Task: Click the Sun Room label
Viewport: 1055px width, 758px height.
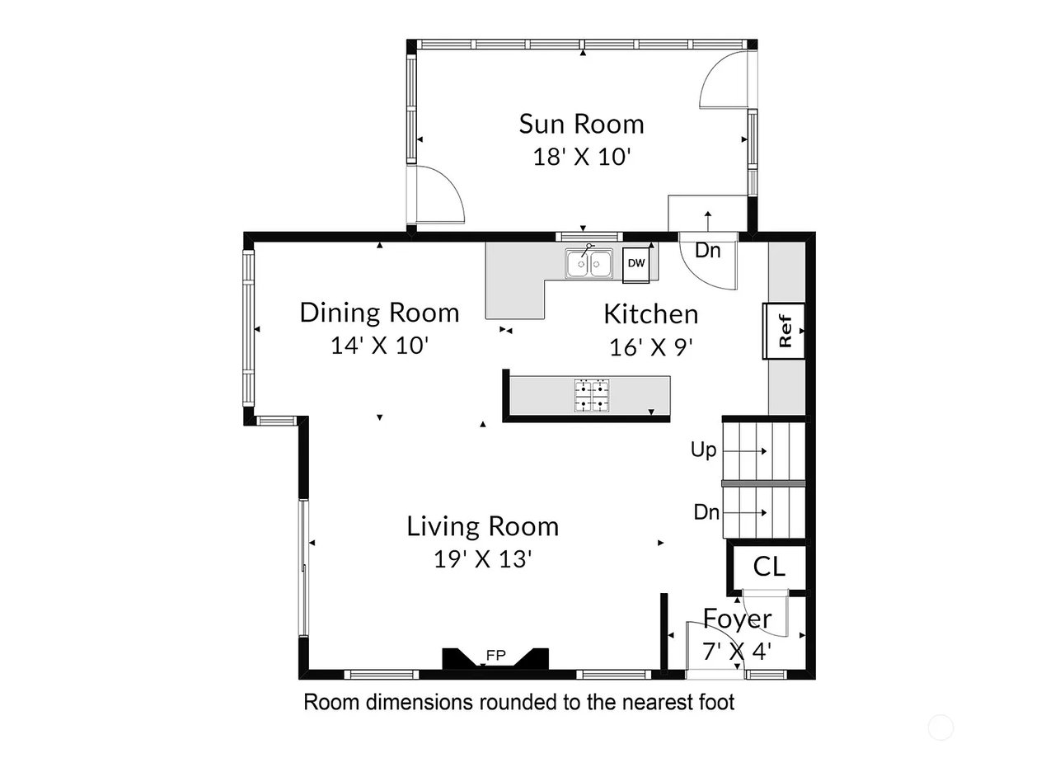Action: [582, 124]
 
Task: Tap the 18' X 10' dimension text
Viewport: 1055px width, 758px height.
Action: [582, 157]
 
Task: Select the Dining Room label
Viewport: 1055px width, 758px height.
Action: [380, 313]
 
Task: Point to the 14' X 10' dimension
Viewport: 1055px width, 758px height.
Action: [380, 346]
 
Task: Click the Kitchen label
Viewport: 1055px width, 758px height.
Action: [651, 314]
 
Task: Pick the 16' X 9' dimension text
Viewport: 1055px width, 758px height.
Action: [651, 347]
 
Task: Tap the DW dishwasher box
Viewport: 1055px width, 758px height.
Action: [635, 264]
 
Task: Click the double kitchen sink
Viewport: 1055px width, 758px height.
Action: [589, 263]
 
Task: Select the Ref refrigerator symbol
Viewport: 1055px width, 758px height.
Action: [784, 331]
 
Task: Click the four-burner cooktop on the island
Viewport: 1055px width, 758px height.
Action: [592, 396]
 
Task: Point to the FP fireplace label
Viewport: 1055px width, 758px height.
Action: [495, 655]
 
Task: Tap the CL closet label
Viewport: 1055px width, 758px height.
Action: [769, 567]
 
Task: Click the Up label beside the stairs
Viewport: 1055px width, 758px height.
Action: [703, 450]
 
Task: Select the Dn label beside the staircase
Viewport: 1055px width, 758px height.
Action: [706, 512]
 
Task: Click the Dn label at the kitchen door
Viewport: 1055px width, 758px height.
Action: [708, 250]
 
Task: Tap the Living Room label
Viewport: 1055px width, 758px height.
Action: [483, 526]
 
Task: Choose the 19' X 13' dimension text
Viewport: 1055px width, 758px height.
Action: [483, 559]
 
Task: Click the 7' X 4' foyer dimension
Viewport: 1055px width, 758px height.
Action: [737, 652]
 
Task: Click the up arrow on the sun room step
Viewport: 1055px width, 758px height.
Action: [707, 221]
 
